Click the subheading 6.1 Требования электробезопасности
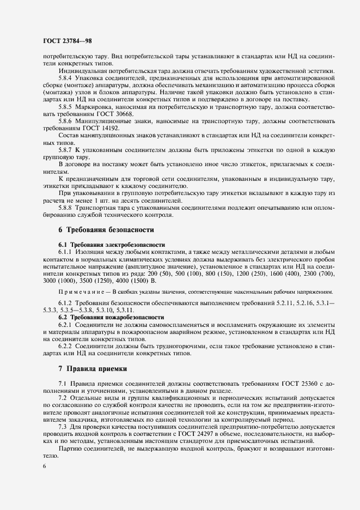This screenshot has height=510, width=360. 111,245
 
